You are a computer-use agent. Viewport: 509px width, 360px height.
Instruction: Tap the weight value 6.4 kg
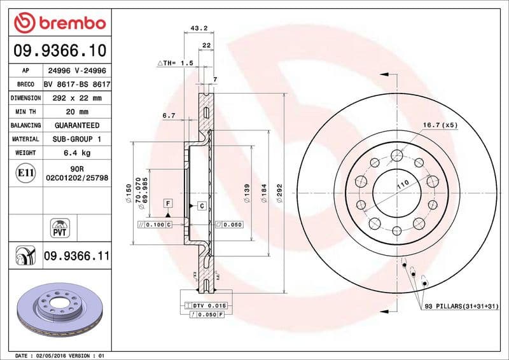(77, 153)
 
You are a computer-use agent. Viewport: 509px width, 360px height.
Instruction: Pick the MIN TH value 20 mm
(77, 112)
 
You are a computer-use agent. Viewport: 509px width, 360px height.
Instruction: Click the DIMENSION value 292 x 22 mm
(77, 98)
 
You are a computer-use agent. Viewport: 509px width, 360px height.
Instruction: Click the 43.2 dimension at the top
(198, 28)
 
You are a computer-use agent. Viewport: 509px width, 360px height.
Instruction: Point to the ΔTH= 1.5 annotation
(174, 64)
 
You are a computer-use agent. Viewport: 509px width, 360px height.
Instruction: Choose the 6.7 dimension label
(168, 116)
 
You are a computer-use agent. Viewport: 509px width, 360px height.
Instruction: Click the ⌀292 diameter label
(279, 194)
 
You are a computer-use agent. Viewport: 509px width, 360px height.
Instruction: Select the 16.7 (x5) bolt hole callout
(440, 125)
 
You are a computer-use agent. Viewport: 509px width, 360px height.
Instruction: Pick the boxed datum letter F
(169, 203)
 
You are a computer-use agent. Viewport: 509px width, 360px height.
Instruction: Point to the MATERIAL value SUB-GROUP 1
(77, 139)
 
